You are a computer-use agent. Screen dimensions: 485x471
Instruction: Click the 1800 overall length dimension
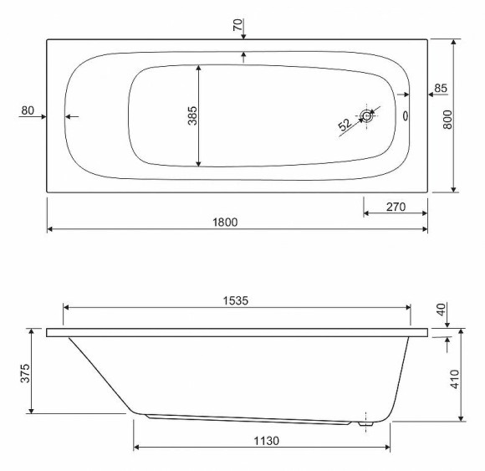225,223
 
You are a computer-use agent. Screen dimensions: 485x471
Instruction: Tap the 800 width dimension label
447,120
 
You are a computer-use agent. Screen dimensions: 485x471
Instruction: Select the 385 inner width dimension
192,115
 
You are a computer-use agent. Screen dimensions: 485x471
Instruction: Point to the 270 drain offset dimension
396,207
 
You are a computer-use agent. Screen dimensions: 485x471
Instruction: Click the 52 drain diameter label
345,125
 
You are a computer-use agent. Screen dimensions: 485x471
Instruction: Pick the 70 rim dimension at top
237,25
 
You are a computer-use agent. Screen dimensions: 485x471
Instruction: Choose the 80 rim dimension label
28,110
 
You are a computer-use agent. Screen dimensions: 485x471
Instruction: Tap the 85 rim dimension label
441,88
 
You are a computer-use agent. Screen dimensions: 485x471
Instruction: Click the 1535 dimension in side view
236,300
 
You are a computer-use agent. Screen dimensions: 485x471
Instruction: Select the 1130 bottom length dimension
266,441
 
